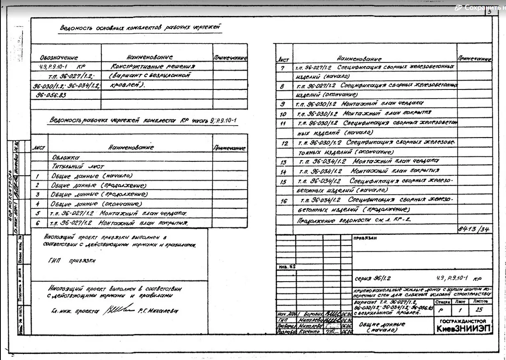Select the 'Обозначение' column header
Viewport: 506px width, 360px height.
click(x=59, y=58)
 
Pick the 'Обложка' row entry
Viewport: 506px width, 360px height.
click(x=66, y=157)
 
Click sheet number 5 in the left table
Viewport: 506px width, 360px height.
click(x=37, y=213)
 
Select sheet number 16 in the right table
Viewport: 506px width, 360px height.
click(x=284, y=201)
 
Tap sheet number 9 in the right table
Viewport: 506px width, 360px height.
click(x=283, y=104)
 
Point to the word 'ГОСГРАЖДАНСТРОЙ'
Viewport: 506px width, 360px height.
click(x=463, y=321)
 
